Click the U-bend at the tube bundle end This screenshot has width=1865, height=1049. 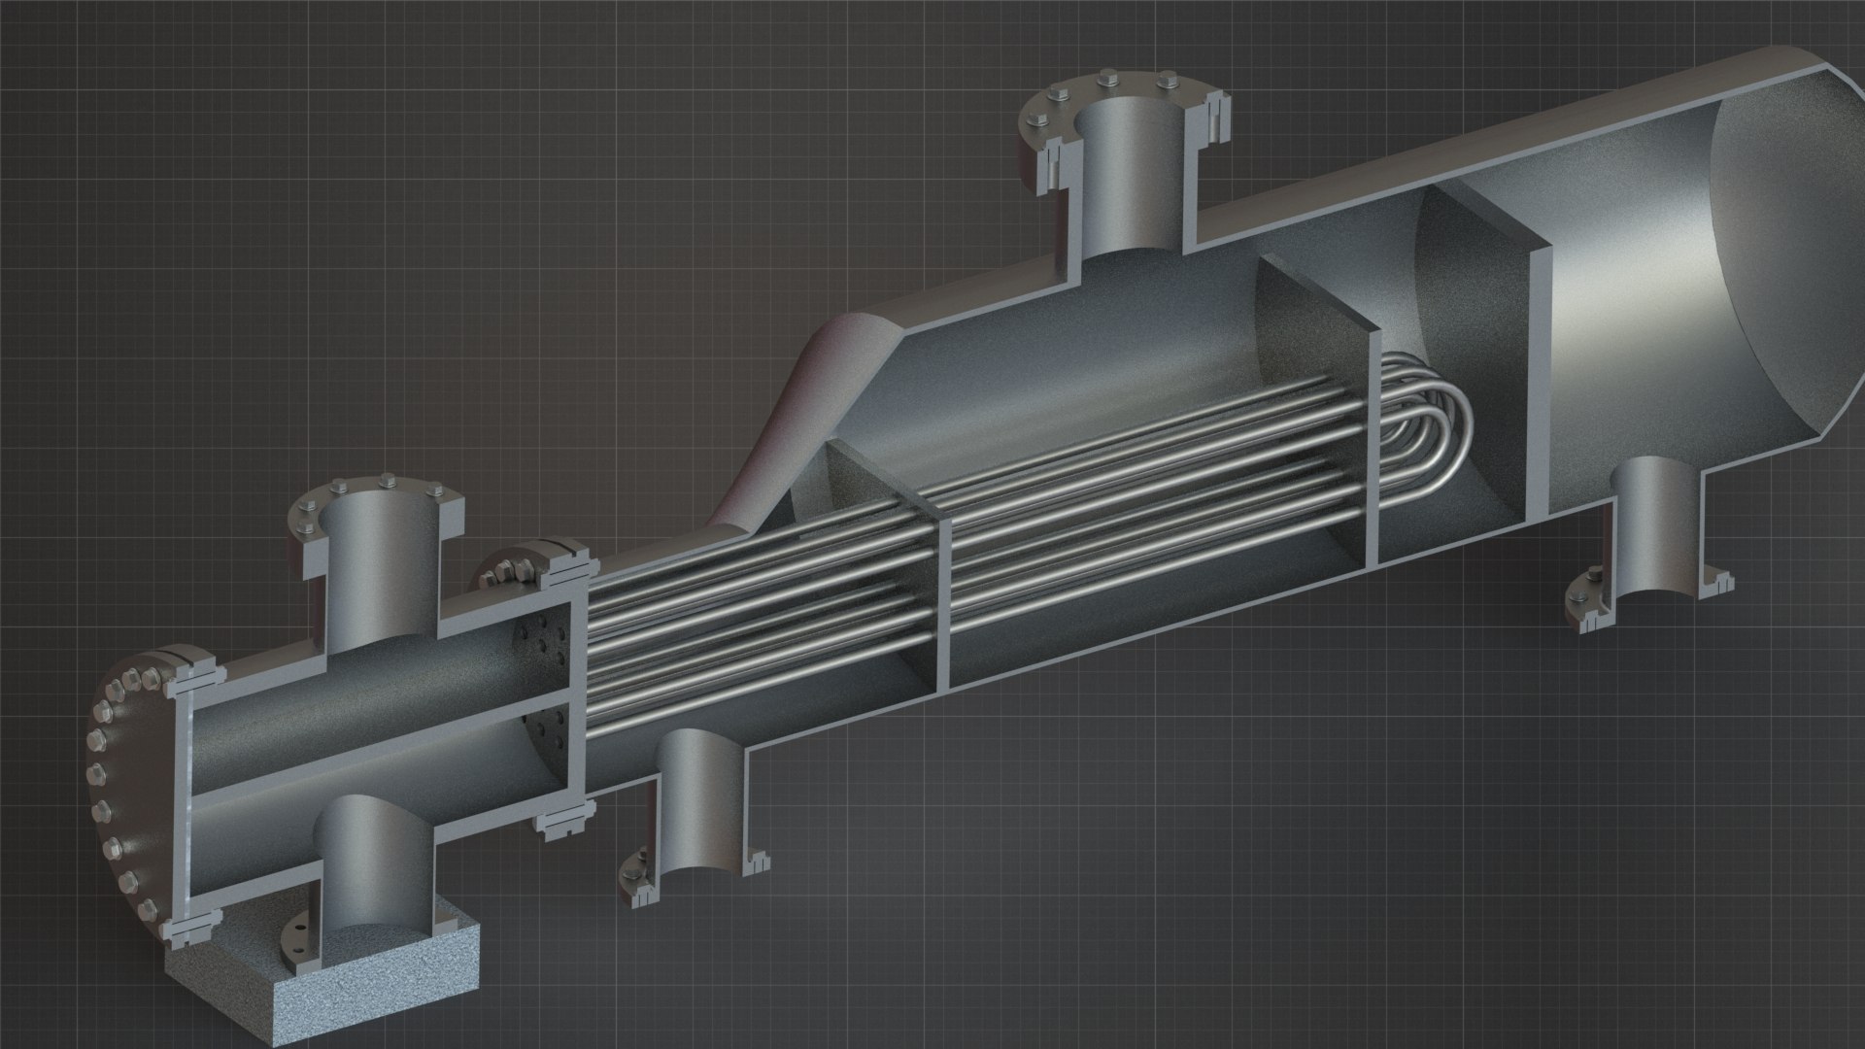tap(1438, 427)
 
